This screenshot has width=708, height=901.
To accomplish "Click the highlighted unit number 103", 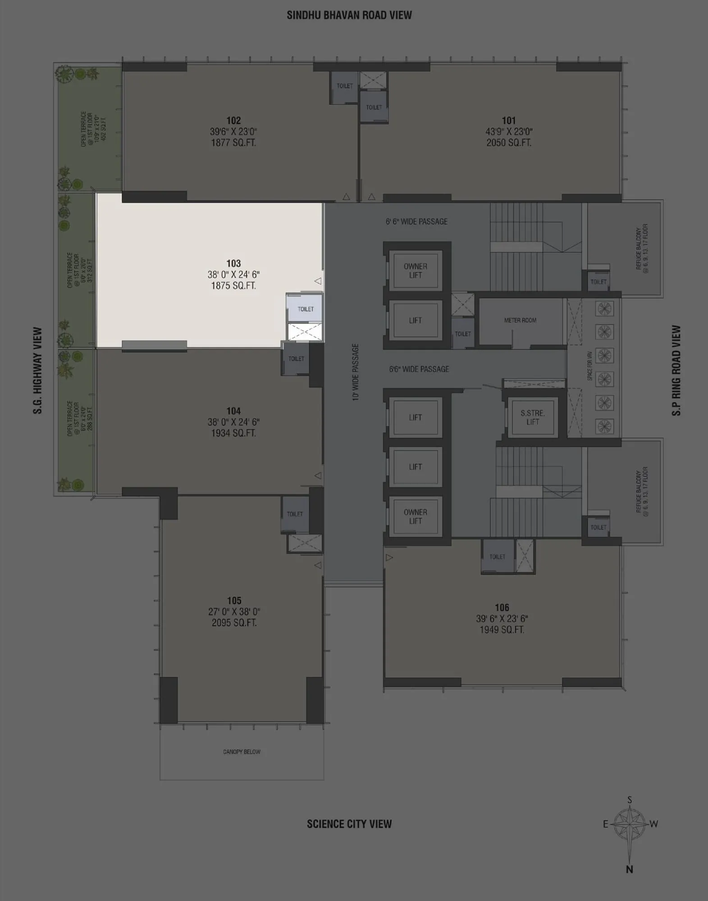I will [233, 263].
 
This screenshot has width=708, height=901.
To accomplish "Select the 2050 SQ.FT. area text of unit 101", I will [509, 143].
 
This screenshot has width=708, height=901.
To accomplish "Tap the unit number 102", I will [233, 120].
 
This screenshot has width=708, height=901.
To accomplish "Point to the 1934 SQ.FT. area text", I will [233, 433].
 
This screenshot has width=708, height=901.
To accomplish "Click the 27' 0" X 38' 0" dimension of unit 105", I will [234, 612].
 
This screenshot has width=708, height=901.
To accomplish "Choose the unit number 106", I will [502, 607].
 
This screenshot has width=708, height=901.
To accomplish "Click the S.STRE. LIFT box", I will [532, 417].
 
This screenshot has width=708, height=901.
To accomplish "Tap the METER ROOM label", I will [520, 320].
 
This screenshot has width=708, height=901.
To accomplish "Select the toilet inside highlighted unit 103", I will [306, 309].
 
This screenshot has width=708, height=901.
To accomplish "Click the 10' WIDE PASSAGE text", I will [356, 372].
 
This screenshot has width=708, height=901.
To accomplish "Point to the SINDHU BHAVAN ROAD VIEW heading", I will [349, 15].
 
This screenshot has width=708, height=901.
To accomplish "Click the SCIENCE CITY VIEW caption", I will [349, 824].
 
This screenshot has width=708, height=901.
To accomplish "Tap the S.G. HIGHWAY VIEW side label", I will [38, 370].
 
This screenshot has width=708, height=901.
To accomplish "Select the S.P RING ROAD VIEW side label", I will [676, 370].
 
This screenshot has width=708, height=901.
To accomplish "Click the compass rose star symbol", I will [630, 824].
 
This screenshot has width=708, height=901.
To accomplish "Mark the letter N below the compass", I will [630, 869].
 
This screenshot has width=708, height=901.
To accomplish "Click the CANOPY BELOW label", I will [242, 752].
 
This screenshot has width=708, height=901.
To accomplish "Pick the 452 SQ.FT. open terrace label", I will [105, 129].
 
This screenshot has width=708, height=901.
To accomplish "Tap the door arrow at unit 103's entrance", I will [318, 281].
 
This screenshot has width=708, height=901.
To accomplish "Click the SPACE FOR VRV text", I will [590, 366].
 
